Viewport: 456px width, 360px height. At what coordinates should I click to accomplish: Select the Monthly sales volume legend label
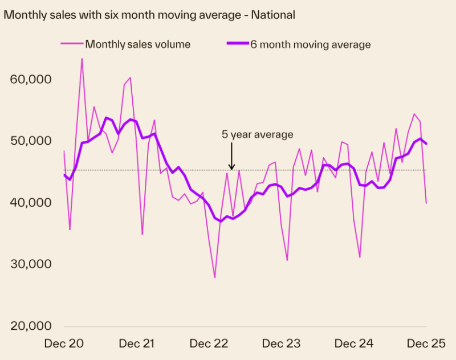pos(137,44)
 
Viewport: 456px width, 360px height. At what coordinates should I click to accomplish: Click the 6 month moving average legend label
pos(311,44)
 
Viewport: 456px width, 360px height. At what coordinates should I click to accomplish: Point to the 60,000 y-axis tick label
pos(31,79)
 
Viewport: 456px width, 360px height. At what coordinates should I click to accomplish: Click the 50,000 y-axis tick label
pos(31,141)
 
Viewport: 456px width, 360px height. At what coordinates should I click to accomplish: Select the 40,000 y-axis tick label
pos(31,203)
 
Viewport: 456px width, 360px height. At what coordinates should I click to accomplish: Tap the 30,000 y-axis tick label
pos(31,264)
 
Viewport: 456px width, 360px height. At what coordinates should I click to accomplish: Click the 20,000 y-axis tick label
pos(31,326)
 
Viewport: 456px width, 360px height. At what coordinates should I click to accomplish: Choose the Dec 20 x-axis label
pos(64,343)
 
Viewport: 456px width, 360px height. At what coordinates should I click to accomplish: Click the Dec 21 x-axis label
pos(137,343)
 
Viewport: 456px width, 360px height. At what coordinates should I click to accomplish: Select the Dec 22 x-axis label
pos(209,343)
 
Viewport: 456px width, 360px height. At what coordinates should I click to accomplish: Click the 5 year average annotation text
pos(257,134)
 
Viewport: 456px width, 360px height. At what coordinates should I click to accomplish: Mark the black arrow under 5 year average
pos(231,157)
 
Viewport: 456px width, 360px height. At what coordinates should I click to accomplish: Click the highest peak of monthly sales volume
pos(82,59)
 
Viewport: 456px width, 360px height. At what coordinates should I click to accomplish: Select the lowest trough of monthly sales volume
pos(215,277)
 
